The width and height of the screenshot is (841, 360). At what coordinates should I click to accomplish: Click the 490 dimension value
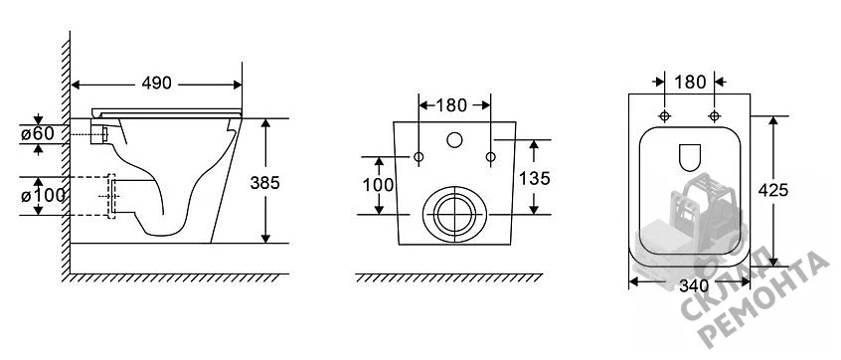tap(157, 84)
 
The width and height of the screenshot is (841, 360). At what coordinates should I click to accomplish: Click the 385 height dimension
tap(265, 183)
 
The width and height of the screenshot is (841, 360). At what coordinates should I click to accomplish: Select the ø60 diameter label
tap(38, 133)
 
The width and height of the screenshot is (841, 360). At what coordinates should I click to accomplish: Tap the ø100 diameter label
tap(43, 196)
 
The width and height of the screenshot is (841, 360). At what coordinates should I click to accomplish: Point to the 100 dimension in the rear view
tap(378, 185)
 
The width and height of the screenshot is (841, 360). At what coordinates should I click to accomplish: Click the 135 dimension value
tap(534, 178)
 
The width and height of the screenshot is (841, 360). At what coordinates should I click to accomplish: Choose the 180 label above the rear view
tap(451, 105)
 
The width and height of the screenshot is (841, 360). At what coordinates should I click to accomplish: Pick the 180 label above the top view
tap(690, 83)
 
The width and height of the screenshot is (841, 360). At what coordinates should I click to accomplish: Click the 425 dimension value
tap(772, 189)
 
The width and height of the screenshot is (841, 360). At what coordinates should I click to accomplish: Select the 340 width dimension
tap(695, 286)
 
